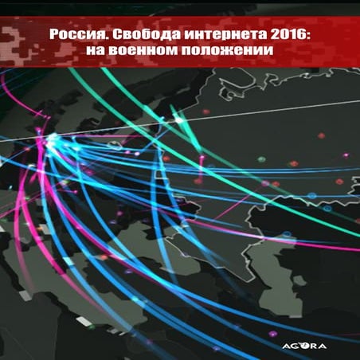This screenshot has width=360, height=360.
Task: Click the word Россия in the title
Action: [x=73, y=35]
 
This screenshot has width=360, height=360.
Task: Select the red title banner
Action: [x=180, y=40]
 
